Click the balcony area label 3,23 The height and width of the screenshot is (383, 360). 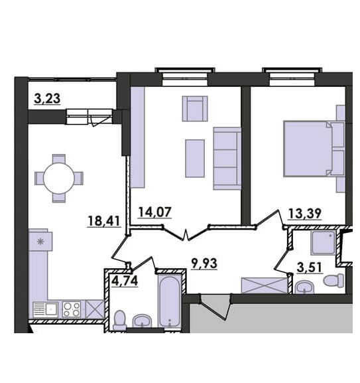47,99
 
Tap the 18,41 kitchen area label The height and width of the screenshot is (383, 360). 104,221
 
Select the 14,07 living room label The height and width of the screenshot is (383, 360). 155,212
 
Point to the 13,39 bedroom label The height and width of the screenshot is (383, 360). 304,214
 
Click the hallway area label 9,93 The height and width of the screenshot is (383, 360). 204,264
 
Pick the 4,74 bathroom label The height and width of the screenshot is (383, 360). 125,281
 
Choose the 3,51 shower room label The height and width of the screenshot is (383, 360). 310,268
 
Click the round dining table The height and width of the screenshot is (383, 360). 58,179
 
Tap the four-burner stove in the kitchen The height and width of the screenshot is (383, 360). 71,309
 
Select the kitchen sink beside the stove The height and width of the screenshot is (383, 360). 45,310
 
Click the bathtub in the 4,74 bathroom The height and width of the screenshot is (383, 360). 169,301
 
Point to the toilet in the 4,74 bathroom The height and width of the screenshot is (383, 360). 120,320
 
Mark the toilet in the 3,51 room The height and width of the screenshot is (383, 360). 333,280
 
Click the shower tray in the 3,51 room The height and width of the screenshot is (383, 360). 323,243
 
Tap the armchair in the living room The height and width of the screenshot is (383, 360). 195,109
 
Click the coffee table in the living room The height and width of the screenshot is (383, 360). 195,158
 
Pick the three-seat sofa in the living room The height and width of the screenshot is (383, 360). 227,159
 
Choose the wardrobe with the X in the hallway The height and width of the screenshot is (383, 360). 264,285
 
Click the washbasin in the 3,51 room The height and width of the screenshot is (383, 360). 304,287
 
